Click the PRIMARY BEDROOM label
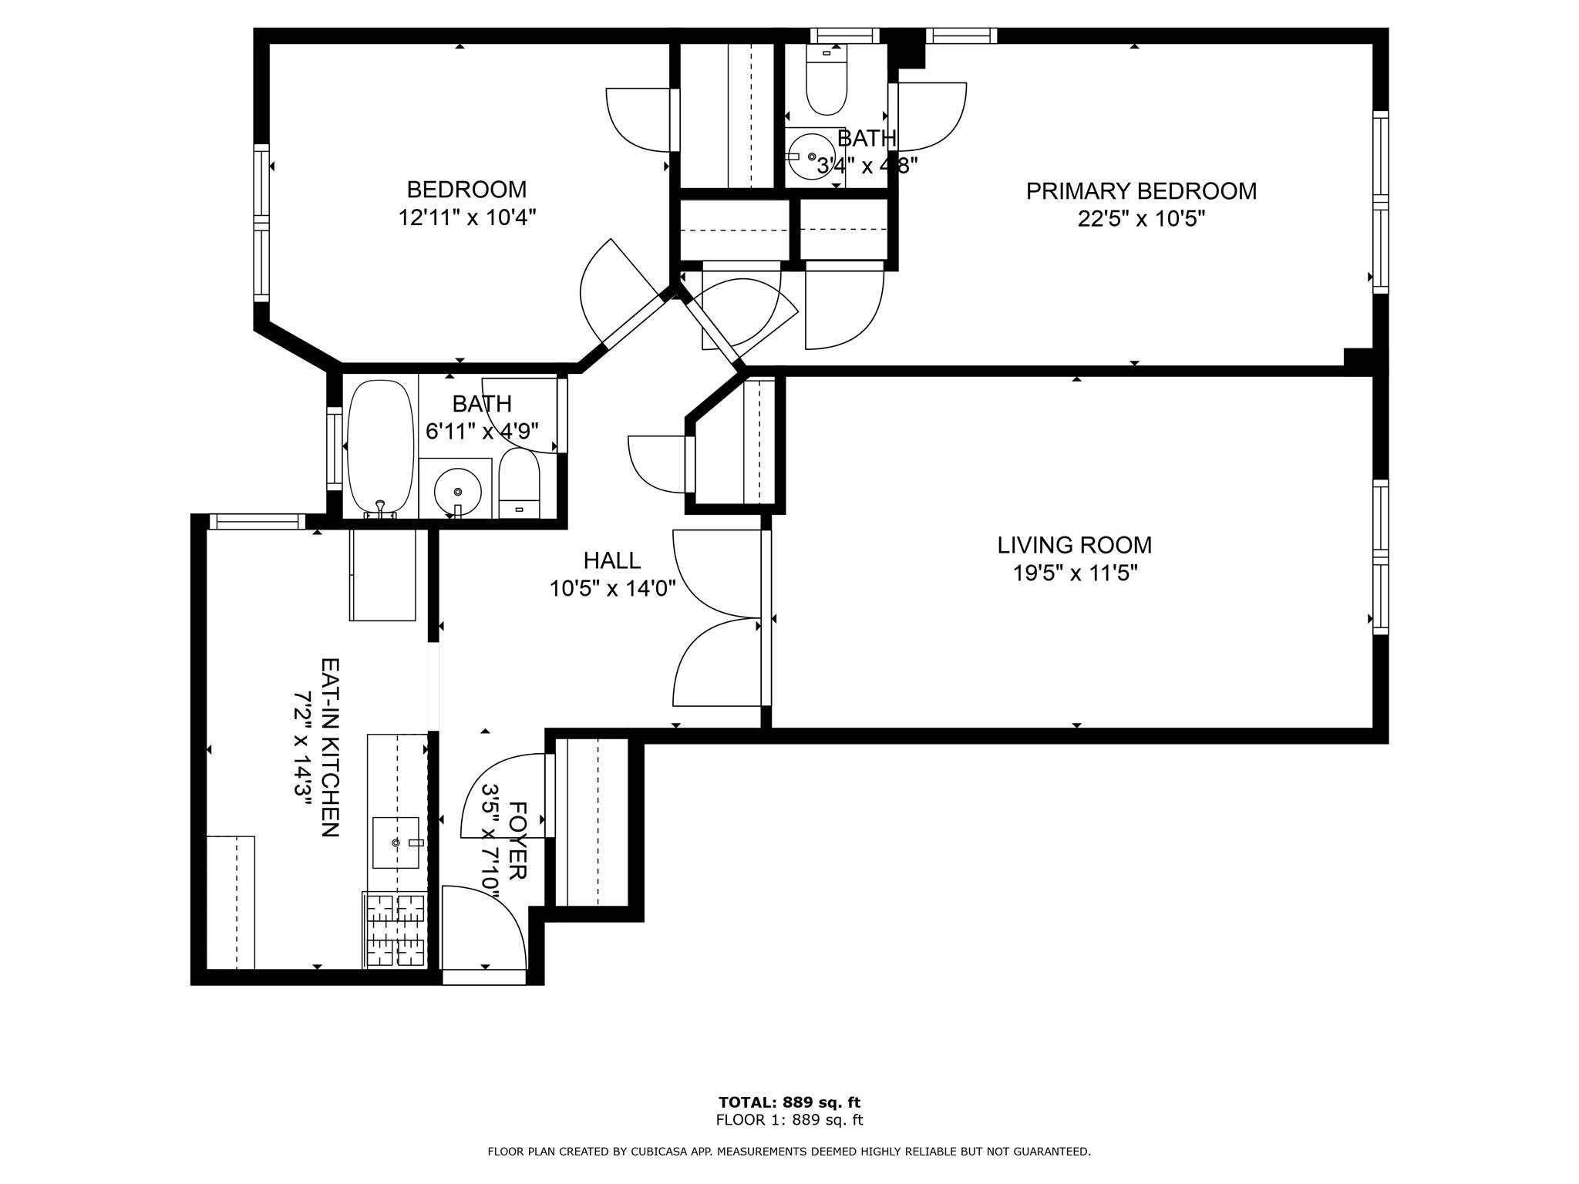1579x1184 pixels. point(1140,191)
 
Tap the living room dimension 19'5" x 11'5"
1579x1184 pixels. point(1075,573)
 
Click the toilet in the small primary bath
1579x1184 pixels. point(826,79)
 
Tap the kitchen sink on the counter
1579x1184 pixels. point(396,843)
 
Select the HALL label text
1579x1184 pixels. point(611,560)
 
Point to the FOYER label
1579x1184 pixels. point(517,840)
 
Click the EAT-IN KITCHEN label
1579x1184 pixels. point(330,747)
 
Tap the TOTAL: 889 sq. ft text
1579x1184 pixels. point(789,1102)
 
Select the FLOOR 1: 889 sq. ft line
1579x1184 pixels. point(789,1120)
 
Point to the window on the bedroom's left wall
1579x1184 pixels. point(262,222)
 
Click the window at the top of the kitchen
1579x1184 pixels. point(257,522)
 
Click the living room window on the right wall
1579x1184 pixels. point(1380,557)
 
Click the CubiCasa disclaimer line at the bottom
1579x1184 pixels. point(789,1152)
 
